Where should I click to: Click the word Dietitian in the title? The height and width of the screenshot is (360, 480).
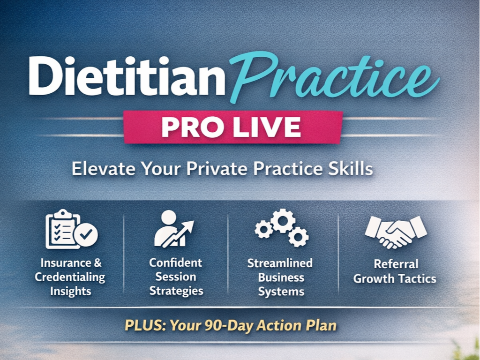click(127, 76)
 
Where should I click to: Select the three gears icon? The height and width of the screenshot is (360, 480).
click(281, 228)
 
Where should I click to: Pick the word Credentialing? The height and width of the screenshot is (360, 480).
click(70, 277)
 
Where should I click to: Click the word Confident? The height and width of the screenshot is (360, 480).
click(176, 262)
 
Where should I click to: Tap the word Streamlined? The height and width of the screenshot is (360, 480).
click(280, 263)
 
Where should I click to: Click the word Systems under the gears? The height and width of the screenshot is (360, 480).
click(281, 292)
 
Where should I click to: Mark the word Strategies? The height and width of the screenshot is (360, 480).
click(176, 291)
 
